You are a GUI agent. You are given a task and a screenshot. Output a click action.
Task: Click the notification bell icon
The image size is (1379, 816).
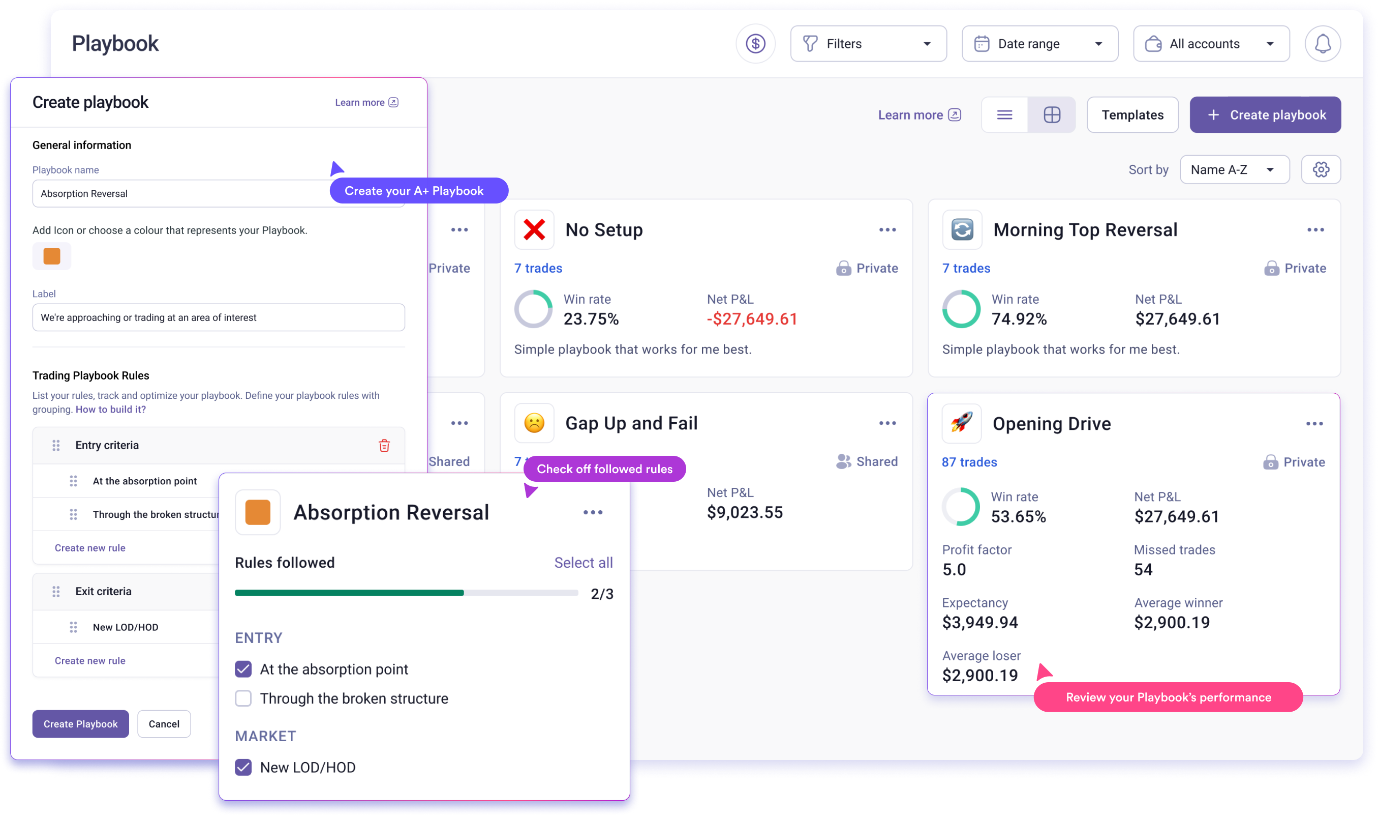click(x=1323, y=43)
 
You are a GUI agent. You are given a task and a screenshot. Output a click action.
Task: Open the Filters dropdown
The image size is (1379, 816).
click(x=868, y=43)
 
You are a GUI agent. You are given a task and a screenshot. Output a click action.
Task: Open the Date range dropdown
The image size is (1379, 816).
click(x=1039, y=43)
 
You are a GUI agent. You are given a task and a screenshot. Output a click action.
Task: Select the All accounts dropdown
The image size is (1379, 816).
click(x=1211, y=43)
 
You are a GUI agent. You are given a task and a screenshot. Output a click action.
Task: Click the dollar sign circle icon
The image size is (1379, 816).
click(x=755, y=43)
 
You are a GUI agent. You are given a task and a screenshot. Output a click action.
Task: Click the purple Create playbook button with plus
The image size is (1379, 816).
click(x=1265, y=115)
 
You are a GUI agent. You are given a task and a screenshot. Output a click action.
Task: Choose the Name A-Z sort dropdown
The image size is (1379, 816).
click(x=1234, y=169)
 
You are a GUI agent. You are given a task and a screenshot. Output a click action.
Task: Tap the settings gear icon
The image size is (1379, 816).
click(x=1321, y=169)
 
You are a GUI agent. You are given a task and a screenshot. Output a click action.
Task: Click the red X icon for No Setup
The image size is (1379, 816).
click(x=534, y=230)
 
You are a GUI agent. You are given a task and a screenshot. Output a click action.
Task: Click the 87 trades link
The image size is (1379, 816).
click(x=969, y=462)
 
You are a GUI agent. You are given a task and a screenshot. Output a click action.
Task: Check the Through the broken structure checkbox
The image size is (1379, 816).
click(x=243, y=698)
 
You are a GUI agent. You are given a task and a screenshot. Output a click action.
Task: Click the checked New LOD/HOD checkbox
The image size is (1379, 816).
click(x=243, y=767)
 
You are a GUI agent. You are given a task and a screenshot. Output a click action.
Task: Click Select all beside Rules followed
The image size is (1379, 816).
click(x=583, y=563)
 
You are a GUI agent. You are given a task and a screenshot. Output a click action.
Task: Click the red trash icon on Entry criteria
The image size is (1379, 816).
click(x=384, y=445)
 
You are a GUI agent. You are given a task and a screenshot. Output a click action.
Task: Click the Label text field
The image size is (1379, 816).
click(x=219, y=317)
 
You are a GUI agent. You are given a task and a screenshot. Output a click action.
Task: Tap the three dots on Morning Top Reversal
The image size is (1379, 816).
click(x=1315, y=230)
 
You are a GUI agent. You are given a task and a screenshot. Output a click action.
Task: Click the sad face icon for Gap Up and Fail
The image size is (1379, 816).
click(x=534, y=423)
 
